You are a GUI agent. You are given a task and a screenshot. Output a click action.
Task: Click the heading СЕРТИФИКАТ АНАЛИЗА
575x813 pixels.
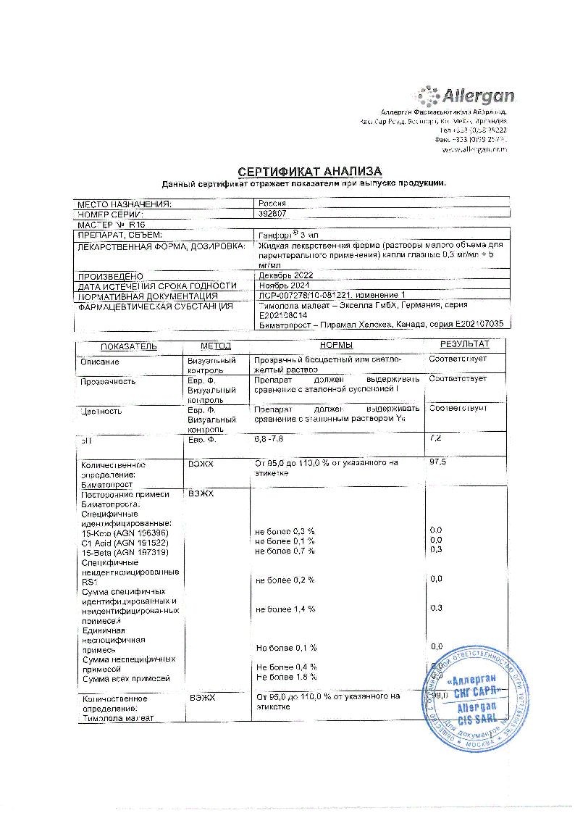click(309, 171)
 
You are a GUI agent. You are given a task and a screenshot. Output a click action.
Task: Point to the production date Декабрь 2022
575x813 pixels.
click(284, 275)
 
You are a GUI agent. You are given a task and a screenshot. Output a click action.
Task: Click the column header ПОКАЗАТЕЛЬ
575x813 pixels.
click(128, 346)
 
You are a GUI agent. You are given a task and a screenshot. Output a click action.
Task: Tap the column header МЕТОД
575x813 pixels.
click(216, 346)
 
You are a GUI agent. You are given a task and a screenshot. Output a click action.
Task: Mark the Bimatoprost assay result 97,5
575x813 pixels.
click(438, 462)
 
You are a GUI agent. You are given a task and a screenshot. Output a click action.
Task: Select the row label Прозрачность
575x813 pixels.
click(108, 380)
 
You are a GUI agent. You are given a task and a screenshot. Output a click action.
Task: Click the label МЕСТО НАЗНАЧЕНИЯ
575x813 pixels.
click(125, 204)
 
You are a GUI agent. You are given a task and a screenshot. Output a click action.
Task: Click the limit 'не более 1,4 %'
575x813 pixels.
click(285, 609)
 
